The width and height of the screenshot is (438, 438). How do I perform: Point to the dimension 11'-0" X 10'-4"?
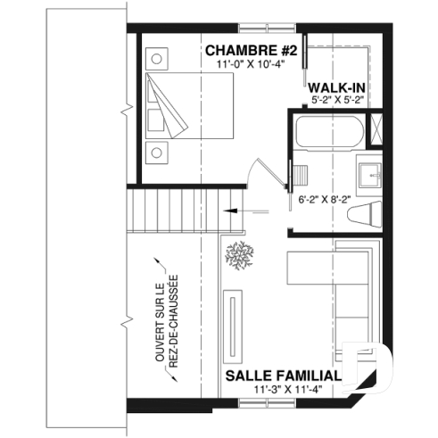tap(249, 63)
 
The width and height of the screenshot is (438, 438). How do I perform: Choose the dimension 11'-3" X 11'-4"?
tap(285, 390)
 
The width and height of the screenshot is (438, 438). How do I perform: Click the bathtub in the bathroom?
tap(328, 133)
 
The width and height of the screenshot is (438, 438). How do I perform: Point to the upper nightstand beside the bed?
tap(158, 60)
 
